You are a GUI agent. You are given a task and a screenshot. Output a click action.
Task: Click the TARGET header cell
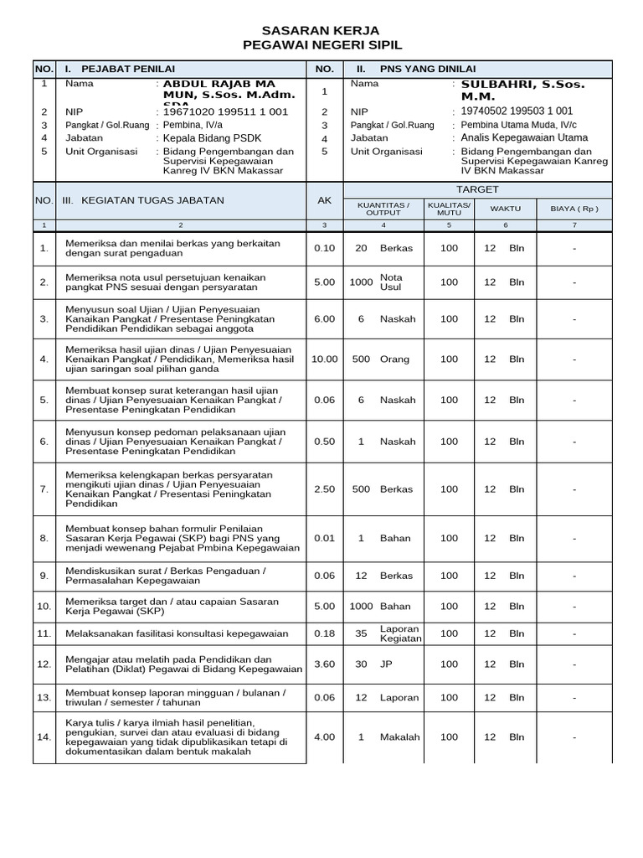[477, 189]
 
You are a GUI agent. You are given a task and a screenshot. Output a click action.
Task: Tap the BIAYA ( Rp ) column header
[574, 208]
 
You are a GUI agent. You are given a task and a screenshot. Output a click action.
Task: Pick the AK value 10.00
[324, 359]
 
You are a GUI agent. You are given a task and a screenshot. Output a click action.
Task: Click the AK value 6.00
[324, 319]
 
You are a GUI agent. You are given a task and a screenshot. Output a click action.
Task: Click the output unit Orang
[395, 359]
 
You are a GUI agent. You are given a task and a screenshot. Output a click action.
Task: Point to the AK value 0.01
[324, 538]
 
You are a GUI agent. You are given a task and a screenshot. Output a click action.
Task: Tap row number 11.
[44, 634]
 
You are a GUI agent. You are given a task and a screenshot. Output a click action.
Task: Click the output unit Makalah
[399, 737]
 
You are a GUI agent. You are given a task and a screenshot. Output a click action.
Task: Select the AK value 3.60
[324, 664]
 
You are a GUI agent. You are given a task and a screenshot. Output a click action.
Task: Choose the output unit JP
[387, 664]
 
